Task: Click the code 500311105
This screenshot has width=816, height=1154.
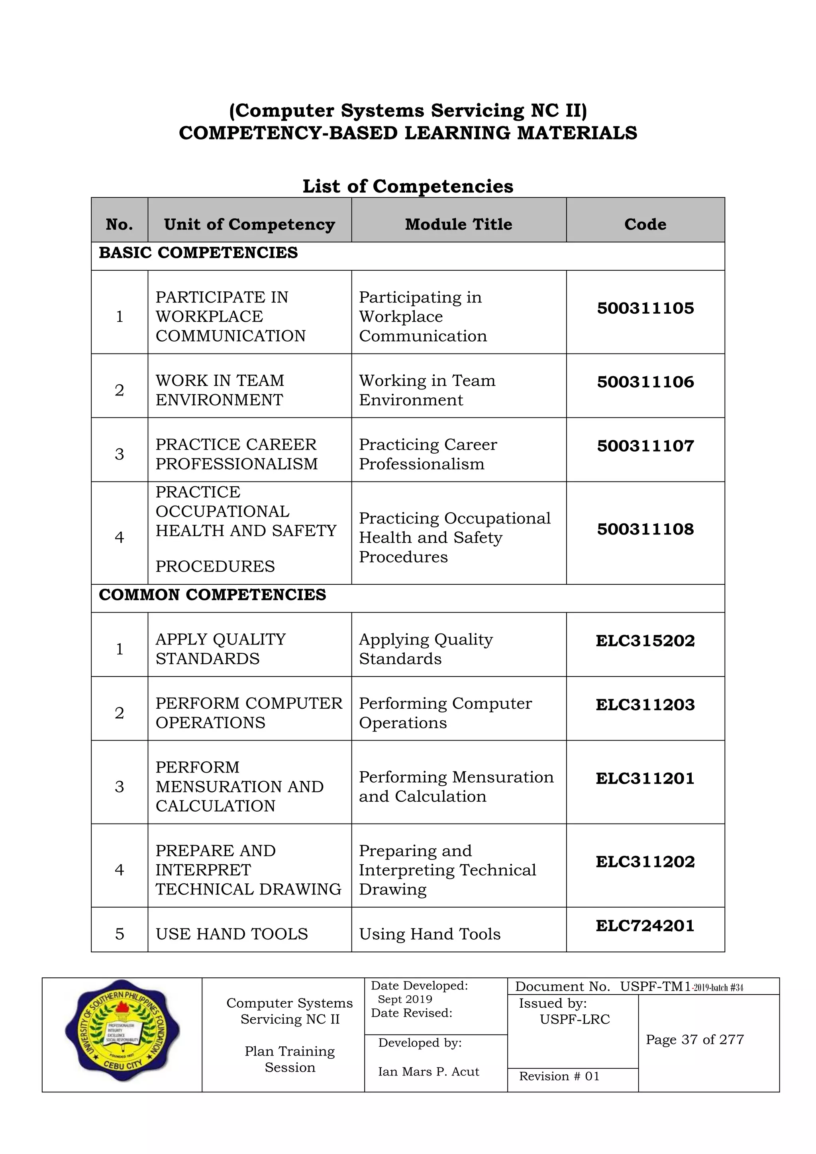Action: pos(645,308)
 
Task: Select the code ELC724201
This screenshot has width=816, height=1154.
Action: pos(645,925)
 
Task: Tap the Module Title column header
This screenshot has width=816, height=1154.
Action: pos(458,224)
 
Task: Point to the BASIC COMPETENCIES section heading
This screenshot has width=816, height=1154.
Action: pos(198,252)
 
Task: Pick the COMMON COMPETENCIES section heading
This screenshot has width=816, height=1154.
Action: pos(212,595)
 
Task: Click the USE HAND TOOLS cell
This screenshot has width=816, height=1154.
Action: pos(231,934)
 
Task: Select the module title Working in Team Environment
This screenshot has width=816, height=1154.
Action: pos(427,390)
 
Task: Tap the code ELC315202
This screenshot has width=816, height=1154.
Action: pos(645,641)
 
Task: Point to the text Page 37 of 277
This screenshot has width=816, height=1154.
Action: pos(695,1040)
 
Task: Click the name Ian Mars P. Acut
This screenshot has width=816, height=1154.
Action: pos(429,1071)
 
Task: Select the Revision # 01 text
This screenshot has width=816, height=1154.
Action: pos(559,1076)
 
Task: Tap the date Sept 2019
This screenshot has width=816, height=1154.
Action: pos(405,999)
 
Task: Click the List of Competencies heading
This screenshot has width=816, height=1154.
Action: pos(408,186)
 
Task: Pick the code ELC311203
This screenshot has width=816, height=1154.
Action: pos(645,705)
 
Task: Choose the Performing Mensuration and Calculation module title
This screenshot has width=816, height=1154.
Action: pos(456,786)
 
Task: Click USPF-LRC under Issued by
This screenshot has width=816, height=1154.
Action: pos(575,1019)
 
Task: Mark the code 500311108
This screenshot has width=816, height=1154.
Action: pos(645,529)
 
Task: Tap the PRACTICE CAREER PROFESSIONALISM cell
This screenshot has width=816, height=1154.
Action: pos(237,454)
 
